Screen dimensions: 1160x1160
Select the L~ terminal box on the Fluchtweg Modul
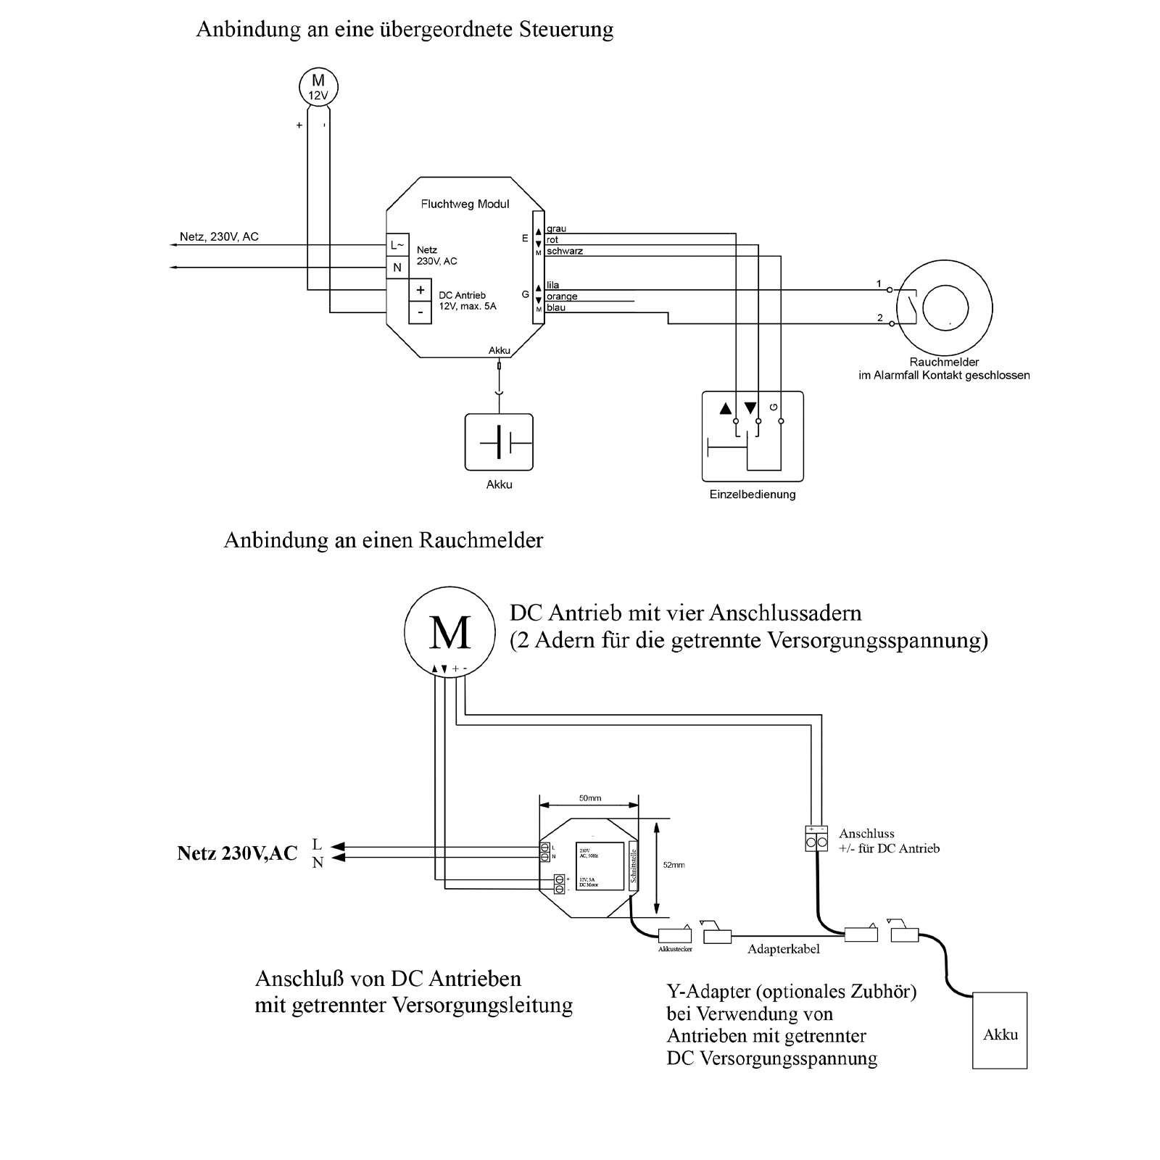pyautogui.click(x=397, y=245)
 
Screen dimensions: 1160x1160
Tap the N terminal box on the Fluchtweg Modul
pyautogui.click(x=397, y=268)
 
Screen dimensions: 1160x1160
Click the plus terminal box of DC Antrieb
pyautogui.click(x=420, y=290)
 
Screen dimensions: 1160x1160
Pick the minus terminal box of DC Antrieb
pyautogui.click(x=420, y=312)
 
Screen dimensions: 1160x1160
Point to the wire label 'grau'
pyautogui.click(x=556, y=229)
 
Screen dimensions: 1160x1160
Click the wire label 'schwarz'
pyautogui.click(x=565, y=251)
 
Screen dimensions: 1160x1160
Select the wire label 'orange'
pyautogui.click(x=562, y=297)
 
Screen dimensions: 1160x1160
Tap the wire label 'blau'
pyautogui.click(x=556, y=308)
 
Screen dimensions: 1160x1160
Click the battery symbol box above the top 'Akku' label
pyautogui.click(x=499, y=442)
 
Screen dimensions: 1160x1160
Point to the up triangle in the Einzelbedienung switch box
pyautogui.click(x=726, y=408)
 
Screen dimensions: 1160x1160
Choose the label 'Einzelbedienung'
pyautogui.click(x=753, y=494)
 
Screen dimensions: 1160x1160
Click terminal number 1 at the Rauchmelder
pyautogui.click(x=879, y=283)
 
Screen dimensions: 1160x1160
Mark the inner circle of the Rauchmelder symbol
pyautogui.click(x=945, y=308)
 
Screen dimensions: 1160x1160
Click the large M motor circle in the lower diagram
pyautogui.click(x=449, y=632)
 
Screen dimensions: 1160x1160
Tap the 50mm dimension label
pyautogui.click(x=589, y=798)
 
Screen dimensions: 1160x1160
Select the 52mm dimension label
pyautogui.click(x=674, y=865)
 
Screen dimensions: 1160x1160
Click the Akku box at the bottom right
pyautogui.click(x=1000, y=1030)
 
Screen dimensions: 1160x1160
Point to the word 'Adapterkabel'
pyautogui.click(x=783, y=949)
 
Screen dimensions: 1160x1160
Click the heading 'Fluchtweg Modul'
pyautogui.click(x=465, y=204)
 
